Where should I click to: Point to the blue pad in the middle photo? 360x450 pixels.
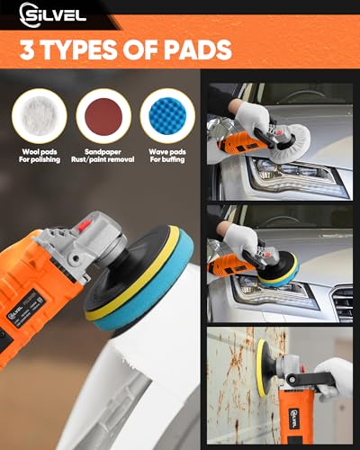click(281, 270)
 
